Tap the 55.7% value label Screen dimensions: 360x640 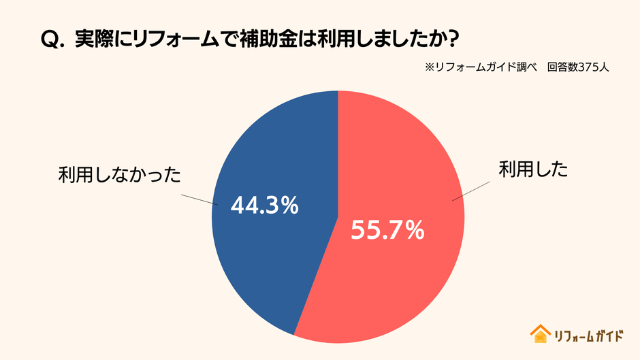387,231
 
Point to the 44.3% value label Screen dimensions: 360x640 265,205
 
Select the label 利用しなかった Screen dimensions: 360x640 119,176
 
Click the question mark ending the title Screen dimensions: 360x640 448,39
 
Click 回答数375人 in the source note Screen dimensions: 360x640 578,68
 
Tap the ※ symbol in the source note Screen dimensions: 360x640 430,68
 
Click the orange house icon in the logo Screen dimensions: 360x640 540,333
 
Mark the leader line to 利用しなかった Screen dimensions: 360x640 198,198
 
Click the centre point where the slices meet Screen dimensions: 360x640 338,217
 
